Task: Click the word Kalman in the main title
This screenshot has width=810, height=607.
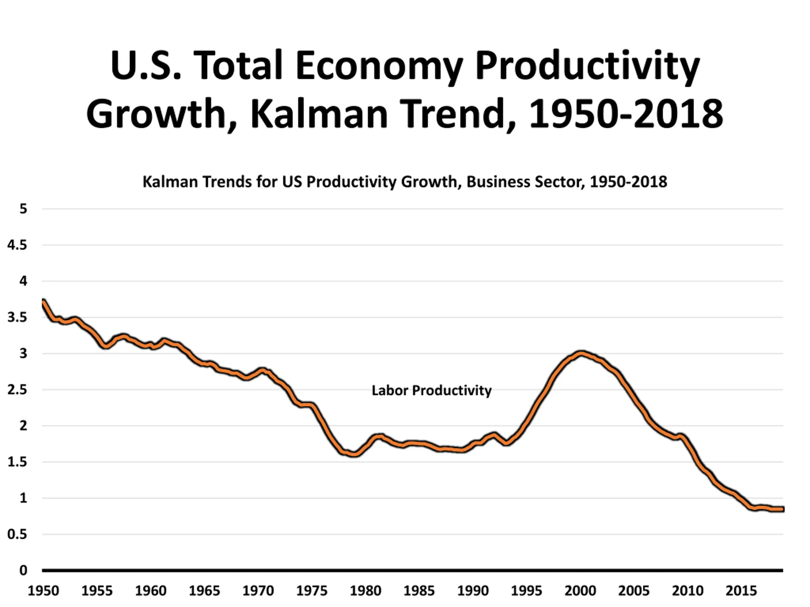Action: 319,114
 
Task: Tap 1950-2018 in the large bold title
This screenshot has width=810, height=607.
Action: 626,114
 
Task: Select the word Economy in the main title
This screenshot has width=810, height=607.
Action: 379,66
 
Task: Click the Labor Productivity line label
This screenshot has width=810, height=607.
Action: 431,390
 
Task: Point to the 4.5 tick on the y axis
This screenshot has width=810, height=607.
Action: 17,245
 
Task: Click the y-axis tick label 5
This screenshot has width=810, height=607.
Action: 23,209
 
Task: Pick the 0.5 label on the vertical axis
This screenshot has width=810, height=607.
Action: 17,534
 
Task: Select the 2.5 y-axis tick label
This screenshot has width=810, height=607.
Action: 17,390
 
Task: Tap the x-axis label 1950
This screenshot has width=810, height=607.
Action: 43,591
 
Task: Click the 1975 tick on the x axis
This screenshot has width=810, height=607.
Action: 312,591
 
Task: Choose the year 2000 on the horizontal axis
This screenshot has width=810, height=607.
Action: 580,591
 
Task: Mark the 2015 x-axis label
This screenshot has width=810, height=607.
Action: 741,591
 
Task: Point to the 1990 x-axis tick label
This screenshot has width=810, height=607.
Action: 473,591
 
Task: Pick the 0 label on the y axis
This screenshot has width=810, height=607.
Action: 23,570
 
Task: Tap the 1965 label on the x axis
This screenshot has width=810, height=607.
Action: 204,591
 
